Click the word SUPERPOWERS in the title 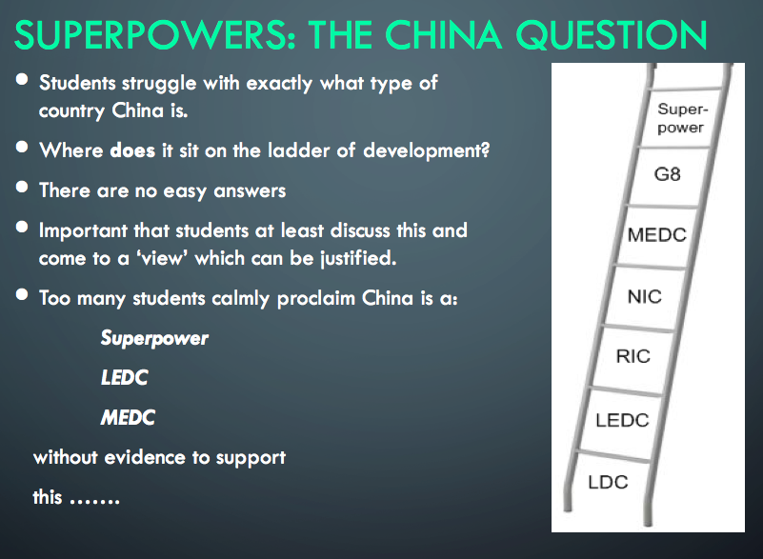coord(155,35)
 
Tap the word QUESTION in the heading coord(612,35)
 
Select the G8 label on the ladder coord(667,174)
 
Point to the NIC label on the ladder coord(645,296)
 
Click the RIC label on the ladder coord(633,356)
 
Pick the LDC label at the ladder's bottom coord(608,482)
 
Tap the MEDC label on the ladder coord(657,235)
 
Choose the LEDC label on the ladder coord(622,420)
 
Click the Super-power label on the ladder coord(682,118)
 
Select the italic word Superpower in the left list coord(154,338)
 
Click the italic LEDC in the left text coord(124,377)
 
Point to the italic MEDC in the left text coord(128,417)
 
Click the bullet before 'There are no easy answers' coord(22,187)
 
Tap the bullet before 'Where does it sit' coord(22,147)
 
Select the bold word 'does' coord(132,150)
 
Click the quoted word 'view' coord(163,258)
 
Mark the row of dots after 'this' coord(95,501)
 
